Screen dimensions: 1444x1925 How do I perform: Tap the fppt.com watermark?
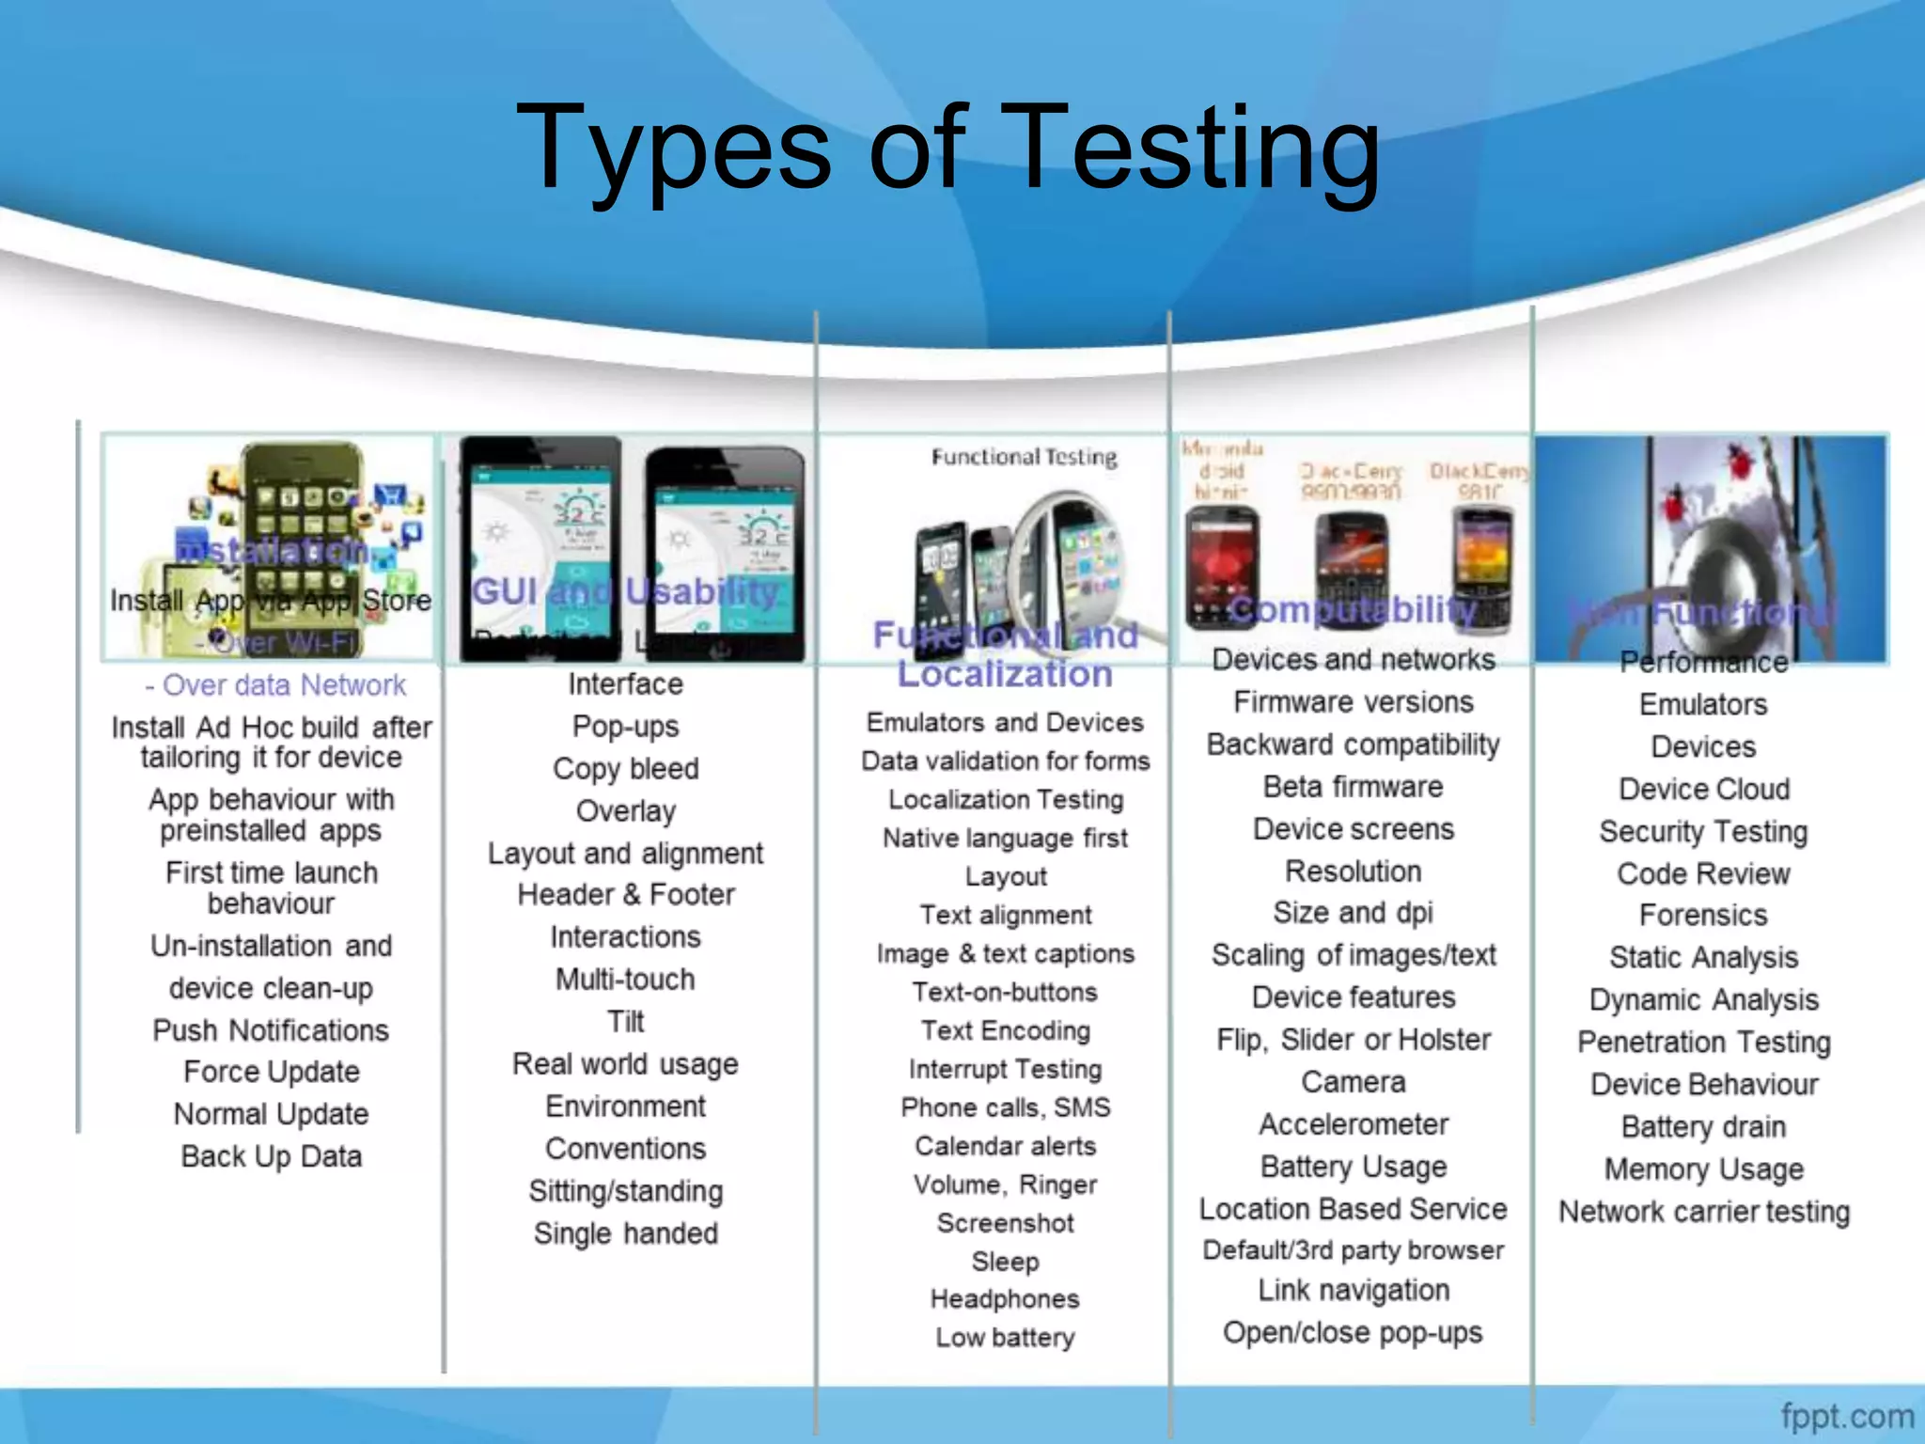pos(1846,1415)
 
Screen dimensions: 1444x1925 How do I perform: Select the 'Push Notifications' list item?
pos(271,1030)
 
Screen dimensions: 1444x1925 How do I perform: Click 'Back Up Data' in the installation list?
pos(271,1156)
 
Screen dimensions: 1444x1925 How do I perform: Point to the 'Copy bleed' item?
pos(626,769)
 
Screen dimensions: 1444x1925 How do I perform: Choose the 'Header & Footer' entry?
pos(626,895)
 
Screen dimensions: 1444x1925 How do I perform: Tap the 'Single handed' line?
pos(626,1233)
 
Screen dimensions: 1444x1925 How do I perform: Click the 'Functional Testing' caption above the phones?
pos(1024,458)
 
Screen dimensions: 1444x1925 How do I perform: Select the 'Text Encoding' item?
pos(1005,1030)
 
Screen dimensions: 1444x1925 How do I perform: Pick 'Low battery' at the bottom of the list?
pos(1005,1337)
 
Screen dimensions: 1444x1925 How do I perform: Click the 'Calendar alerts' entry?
pos(1005,1146)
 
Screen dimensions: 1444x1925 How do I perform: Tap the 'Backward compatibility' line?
pos(1353,745)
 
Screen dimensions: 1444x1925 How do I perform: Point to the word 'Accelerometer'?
pos(1353,1124)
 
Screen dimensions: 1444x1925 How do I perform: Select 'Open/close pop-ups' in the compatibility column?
pos(1353,1333)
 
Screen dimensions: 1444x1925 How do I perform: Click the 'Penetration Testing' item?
pos(1703,1042)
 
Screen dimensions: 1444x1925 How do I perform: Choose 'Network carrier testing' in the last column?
pos(1703,1212)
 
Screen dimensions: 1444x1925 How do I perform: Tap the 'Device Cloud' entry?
pos(1703,789)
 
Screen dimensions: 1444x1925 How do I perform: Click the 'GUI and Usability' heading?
pos(625,592)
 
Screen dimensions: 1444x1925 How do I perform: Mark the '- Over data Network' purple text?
pos(275,685)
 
